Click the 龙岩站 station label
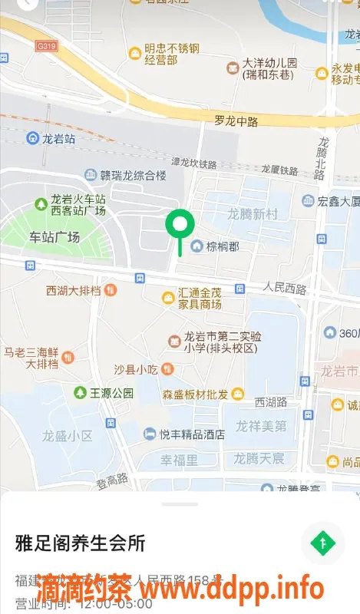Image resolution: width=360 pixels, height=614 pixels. (x=58, y=139)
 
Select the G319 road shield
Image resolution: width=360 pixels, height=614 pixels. (x=46, y=46)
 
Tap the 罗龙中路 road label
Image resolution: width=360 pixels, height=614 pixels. (x=237, y=120)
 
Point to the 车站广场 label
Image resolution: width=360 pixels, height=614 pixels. (x=54, y=237)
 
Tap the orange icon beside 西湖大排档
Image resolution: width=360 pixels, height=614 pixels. (x=111, y=290)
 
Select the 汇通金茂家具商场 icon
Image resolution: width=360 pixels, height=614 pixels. (x=167, y=297)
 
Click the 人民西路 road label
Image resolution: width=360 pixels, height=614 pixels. (x=284, y=289)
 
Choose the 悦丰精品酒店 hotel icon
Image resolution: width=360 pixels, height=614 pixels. (x=150, y=434)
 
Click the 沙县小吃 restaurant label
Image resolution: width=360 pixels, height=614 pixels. (x=136, y=369)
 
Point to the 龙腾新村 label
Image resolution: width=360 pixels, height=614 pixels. (x=252, y=214)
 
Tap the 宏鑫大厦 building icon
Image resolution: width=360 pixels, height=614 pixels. (x=308, y=201)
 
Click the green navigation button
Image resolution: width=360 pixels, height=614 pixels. (x=322, y=543)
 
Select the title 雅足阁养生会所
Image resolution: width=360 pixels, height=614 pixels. (x=80, y=543)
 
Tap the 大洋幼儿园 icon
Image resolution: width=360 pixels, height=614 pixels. (x=232, y=69)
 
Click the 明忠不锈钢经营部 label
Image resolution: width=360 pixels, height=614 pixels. (x=172, y=54)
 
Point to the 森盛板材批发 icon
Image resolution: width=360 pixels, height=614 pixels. (x=238, y=394)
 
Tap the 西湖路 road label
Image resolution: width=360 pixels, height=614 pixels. (x=270, y=401)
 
